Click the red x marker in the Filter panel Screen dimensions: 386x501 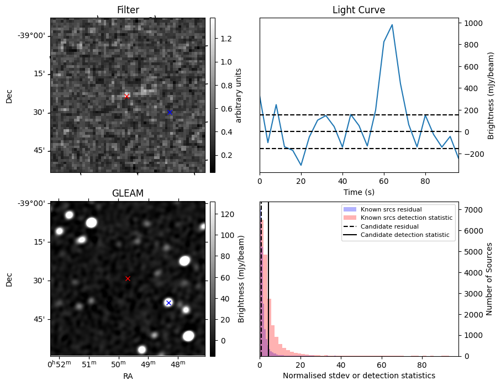point(126,96)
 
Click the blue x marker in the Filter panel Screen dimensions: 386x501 point(170,112)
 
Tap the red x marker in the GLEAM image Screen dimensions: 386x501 point(128,278)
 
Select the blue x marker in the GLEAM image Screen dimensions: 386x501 point(168,303)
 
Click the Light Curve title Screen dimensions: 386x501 point(358,10)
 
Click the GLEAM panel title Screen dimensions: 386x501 point(128,193)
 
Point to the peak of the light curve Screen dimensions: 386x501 point(392,24)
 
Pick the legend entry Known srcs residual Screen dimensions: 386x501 point(391,209)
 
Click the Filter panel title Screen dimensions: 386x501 point(128,10)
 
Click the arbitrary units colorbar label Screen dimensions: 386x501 point(239,95)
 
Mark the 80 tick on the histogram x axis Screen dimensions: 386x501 point(422,364)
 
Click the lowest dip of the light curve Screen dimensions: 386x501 point(301,165)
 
